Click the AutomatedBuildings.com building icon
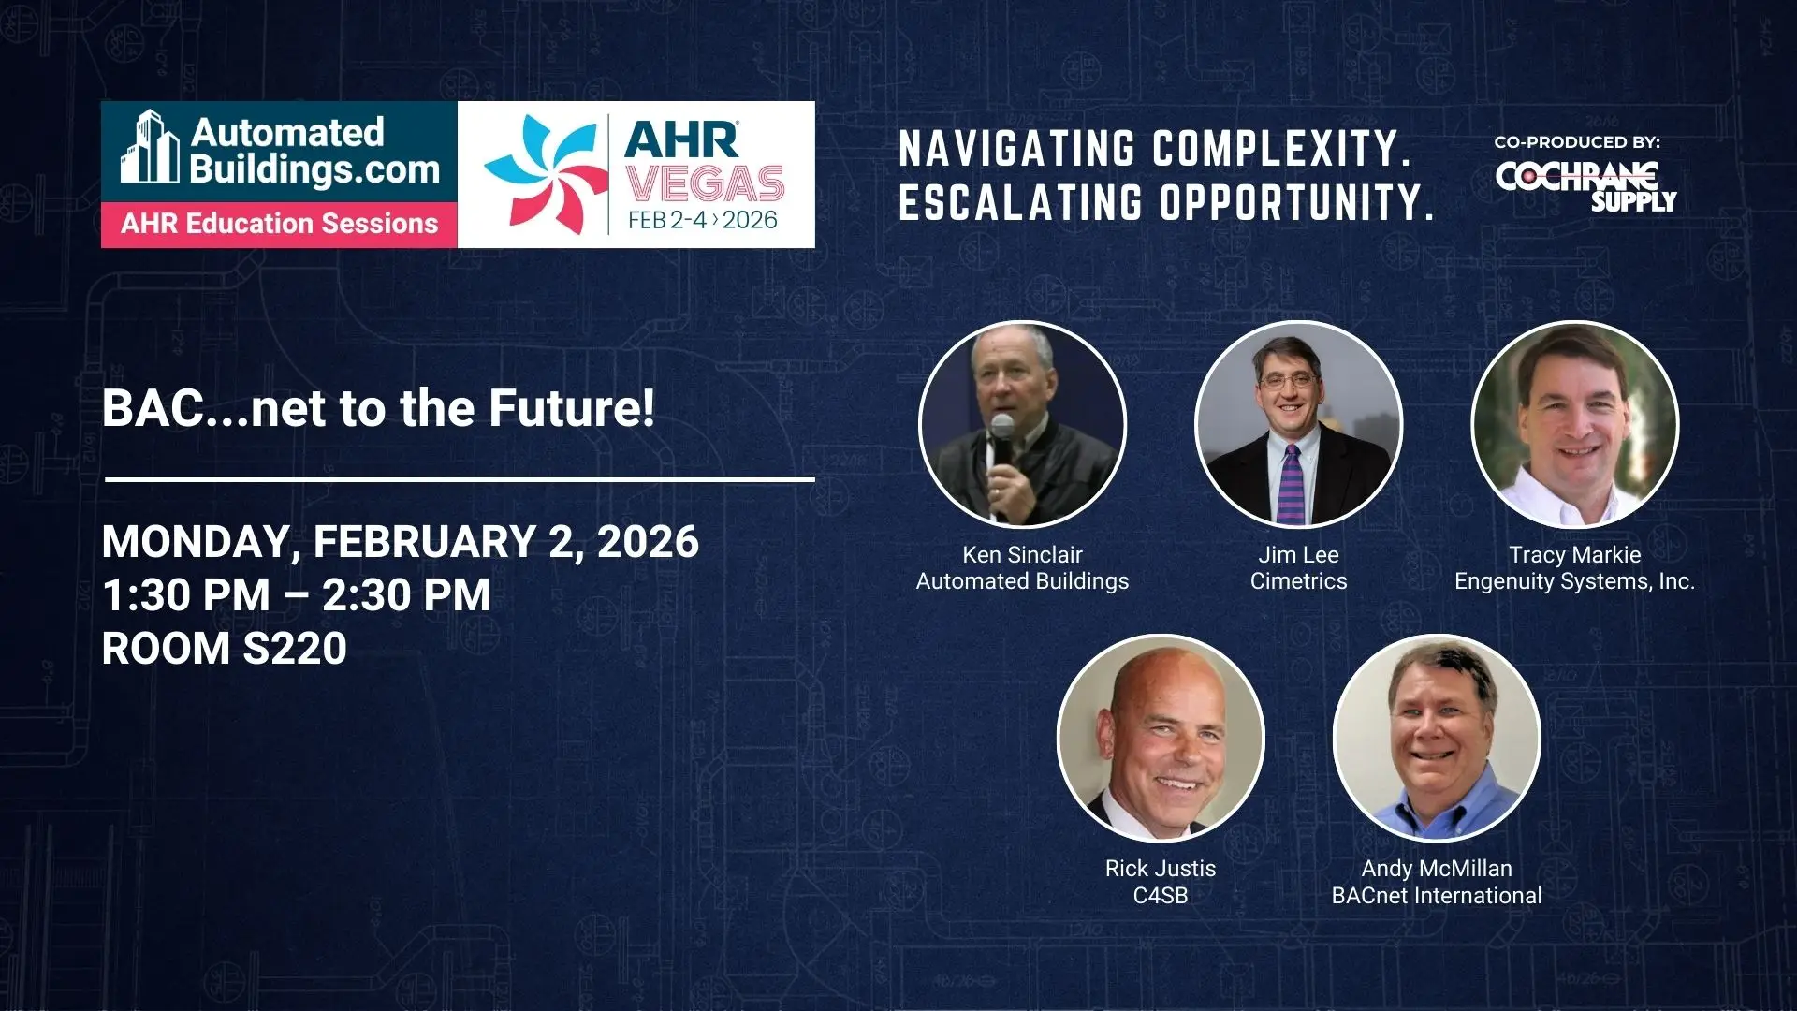click(x=150, y=147)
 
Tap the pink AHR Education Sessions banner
click(x=279, y=225)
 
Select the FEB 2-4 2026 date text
click(x=703, y=220)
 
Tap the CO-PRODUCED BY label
click(x=1577, y=142)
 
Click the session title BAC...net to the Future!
click(x=378, y=408)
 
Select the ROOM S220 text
click(x=224, y=649)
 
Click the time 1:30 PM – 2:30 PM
click(x=296, y=595)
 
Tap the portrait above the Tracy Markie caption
click(x=1575, y=424)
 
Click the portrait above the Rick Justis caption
click(x=1161, y=739)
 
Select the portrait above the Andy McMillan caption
click(x=1437, y=739)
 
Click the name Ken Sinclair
click(x=1022, y=555)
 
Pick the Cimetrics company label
click(x=1298, y=581)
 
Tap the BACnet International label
click(x=1437, y=896)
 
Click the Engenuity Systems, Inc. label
click(x=1574, y=581)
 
